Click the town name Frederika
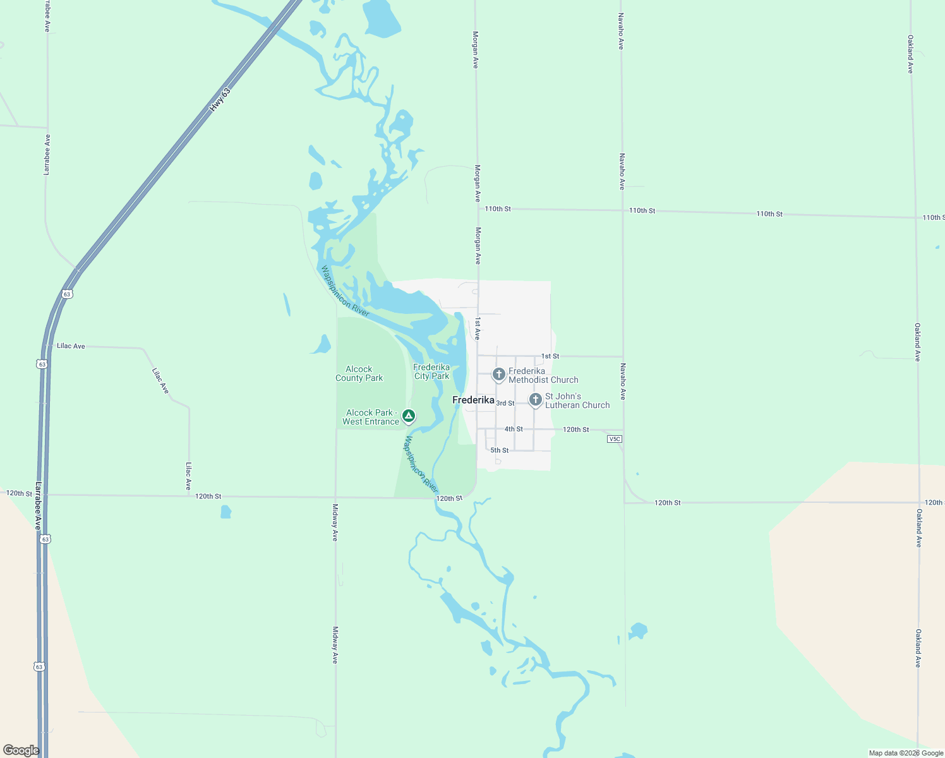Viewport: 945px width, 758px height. (473, 400)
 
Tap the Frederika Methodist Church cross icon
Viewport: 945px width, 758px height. (498, 375)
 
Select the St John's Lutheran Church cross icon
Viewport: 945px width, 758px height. (535, 399)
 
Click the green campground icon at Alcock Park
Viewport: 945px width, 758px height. (409, 416)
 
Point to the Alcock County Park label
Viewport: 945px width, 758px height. (359, 373)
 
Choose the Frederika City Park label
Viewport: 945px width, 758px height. (431, 371)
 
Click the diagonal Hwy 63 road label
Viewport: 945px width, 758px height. (220, 100)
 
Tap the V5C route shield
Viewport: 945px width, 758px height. (614, 438)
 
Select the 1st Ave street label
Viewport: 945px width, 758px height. (478, 328)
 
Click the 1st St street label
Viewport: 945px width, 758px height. (550, 356)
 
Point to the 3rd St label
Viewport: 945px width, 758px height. (505, 403)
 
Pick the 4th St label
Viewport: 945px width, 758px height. (514, 429)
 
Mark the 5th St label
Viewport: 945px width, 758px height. (500, 450)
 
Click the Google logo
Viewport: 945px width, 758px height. (21, 750)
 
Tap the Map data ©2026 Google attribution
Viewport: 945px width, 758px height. (906, 753)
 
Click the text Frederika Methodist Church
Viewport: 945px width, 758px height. (543, 375)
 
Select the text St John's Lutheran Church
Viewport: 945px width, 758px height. (577, 400)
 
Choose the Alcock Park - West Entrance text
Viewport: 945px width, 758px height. (371, 417)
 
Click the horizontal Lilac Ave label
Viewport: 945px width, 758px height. (71, 346)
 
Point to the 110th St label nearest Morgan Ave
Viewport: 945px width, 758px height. (498, 208)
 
